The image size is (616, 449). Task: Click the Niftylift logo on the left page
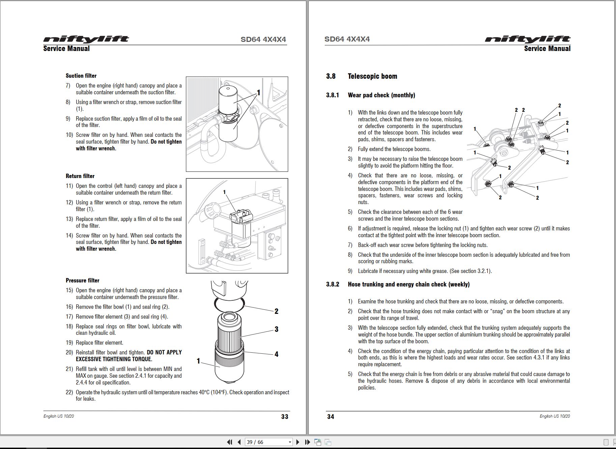tap(86, 39)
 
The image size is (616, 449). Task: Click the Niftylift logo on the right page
tap(528, 39)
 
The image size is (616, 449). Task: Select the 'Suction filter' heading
tap(81, 76)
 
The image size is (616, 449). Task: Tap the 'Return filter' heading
tap(80, 176)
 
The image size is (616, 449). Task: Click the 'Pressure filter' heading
tap(82, 280)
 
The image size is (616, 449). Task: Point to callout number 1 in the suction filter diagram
tap(258, 93)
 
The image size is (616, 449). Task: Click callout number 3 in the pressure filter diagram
tap(276, 329)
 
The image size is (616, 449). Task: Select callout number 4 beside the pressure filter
tap(276, 354)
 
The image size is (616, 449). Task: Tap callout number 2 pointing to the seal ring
tap(276, 311)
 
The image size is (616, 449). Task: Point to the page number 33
tap(285, 417)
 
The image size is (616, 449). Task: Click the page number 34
tap(331, 417)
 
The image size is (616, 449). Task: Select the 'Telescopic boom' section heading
tap(372, 76)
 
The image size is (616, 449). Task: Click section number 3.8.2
tap(333, 284)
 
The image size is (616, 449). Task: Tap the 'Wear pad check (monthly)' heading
tap(382, 95)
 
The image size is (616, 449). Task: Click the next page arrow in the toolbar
tap(298, 442)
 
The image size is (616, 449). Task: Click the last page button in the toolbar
tap(307, 442)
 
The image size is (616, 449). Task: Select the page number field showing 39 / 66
tap(269, 442)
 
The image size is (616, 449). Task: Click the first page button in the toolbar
tap(230, 442)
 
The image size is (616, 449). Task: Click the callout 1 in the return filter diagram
tap(224, 192)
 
